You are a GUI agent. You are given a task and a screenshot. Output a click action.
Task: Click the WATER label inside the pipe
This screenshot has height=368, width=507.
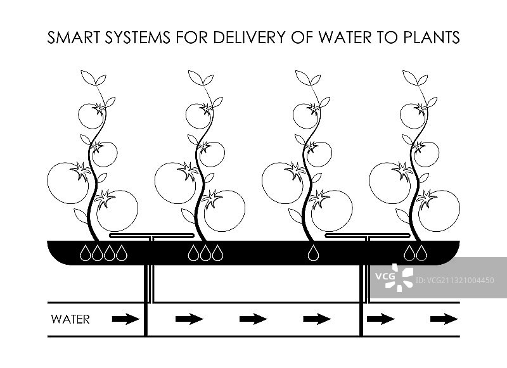pos(70,319)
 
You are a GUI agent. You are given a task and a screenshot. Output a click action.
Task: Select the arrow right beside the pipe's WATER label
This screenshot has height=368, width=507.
pos(125,319)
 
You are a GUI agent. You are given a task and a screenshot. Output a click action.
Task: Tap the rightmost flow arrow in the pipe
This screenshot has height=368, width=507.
pos(444,319)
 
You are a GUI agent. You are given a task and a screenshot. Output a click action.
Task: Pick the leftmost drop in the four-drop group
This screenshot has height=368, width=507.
pos(85,253)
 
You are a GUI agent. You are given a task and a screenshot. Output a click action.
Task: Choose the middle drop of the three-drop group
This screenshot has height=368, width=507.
pos(205,253)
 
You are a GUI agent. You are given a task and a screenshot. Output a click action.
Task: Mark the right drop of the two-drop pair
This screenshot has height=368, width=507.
pos(421,253)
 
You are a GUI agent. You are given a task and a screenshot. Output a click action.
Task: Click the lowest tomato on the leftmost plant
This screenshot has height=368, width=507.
pos(117,210)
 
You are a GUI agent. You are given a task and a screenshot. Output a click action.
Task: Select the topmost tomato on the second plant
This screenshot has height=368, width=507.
pos(198,115)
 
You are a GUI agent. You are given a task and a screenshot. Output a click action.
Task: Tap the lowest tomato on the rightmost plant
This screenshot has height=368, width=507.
pos(439,210)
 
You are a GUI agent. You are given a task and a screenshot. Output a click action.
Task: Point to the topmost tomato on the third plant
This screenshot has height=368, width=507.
pos(305,115)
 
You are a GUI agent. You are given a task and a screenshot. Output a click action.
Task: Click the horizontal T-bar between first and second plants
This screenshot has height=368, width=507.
pos(152,236)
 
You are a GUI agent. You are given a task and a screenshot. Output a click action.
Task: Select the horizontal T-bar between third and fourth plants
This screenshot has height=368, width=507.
pos(367,236)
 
